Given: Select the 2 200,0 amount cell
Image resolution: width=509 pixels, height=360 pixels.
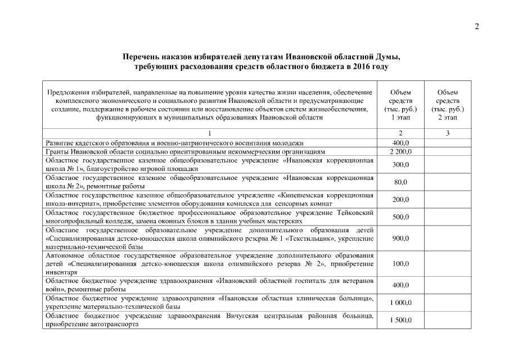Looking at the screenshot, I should tap(400, 151).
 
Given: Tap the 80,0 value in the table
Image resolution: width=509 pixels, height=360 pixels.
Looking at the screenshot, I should tap(400, 182).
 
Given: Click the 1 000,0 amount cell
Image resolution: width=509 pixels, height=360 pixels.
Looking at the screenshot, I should tap(400, 302).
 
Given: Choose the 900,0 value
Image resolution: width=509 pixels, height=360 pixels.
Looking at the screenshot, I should tap(400, 238).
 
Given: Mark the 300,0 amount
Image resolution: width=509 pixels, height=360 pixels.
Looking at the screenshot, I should tap(400, 164).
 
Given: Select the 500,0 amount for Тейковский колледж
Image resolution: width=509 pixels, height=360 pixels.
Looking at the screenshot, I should tap(400, 217).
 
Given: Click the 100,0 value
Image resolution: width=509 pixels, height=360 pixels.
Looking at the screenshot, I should tap(400, 263).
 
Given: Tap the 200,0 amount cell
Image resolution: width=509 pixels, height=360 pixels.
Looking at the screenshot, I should tap(400, 199).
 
